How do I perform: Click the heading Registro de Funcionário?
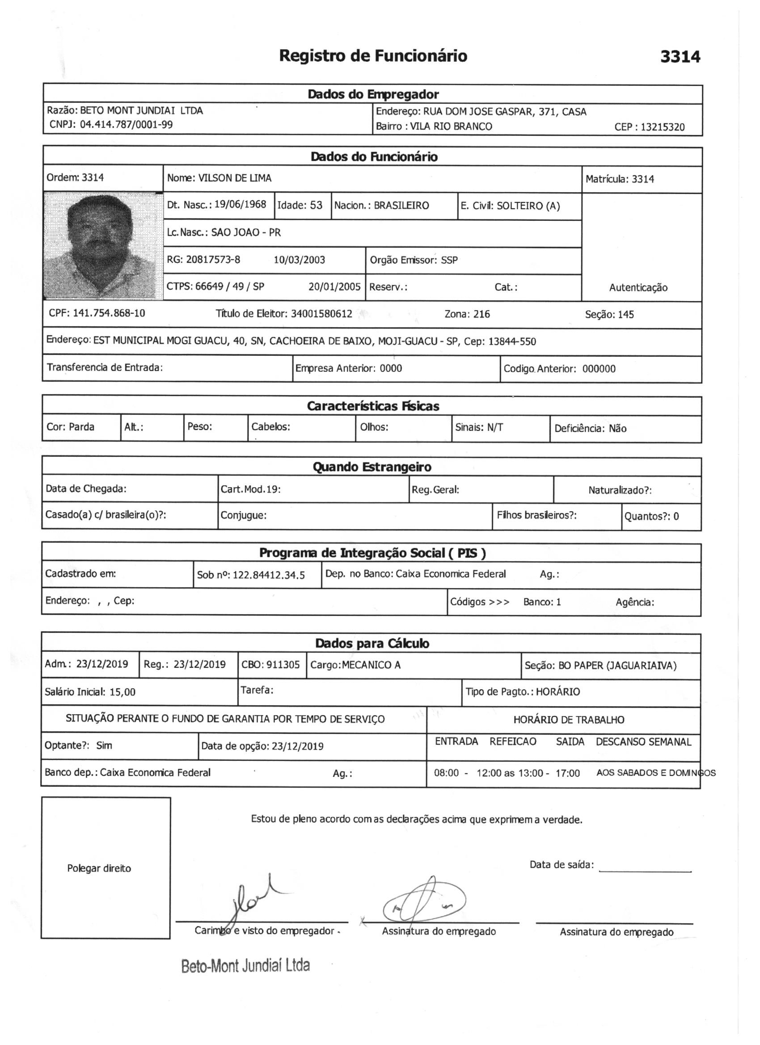(x=373, y=56)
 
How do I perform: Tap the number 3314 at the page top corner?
(x=680, y=57)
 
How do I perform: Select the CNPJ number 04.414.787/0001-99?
(x=126, y=125)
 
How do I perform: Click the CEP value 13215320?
(x=662, y=127)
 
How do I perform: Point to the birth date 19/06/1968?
(x=240, y=205)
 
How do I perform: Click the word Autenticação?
(x=638, y=288)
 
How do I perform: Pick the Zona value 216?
(x=481, y=314)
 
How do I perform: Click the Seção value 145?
(x=626, y=315)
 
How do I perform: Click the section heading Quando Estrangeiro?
(x=372, y=467)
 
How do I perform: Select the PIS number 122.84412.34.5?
(x=269, y=576)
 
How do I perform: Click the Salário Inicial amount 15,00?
(x=122, y=692)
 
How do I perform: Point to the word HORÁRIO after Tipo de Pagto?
(x=558, y=692)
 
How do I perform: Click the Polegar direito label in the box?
(x=99, y=868)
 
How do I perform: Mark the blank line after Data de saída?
(x=645, y=870)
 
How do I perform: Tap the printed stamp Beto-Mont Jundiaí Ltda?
(x=245, y=965)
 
